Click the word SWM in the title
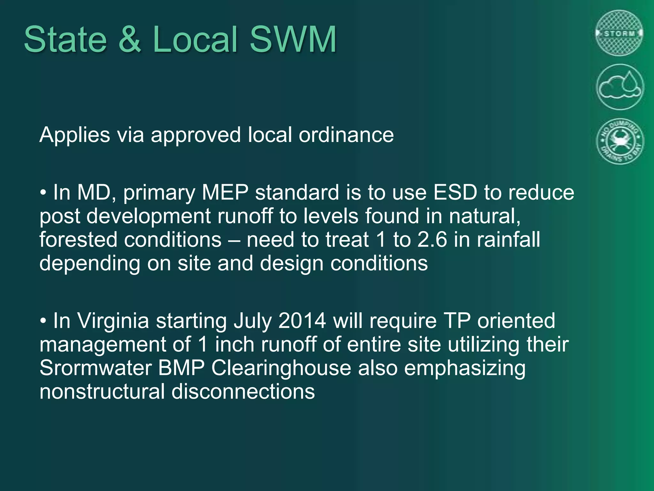point(293,40)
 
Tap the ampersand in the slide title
point(130,40)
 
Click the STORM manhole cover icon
point(620,33)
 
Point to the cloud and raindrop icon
point(620,87)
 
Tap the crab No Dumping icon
point(620,141)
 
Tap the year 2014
point(302,321)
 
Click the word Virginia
point(113,321)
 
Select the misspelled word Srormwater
point(96,368)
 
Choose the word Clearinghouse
point(281,368)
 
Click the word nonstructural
point(102,392)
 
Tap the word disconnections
point(243,392)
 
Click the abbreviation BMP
point(181,368)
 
